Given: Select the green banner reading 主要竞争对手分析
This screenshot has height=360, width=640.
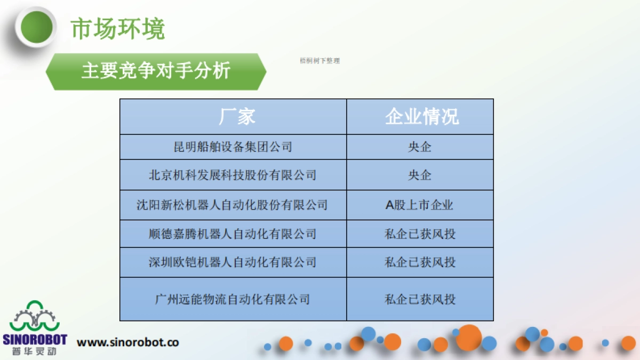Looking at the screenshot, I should pos(156,71).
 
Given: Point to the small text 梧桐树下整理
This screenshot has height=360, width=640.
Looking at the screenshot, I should pos(320,61).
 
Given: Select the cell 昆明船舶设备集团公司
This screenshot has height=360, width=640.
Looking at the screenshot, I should pos(233,147).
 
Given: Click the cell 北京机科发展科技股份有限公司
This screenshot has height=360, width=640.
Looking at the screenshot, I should pos(233,175).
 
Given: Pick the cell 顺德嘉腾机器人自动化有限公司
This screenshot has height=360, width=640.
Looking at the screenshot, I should pos(233,234).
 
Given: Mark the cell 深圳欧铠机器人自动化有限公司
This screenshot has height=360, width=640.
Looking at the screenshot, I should pos(233,262).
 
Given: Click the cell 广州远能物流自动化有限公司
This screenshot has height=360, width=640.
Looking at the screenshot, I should pos(233,299).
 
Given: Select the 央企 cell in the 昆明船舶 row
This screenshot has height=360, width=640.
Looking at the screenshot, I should pos(420,147).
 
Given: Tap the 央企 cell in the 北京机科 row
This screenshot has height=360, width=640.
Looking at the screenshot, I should pos(420,175).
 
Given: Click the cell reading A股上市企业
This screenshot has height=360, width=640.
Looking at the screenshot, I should pos(420,205).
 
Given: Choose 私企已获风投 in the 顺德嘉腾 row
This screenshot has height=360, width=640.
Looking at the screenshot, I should pos(420,234).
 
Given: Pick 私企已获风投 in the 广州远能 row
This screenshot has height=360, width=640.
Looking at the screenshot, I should pos(420,299).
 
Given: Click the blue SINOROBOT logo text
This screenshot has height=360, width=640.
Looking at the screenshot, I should pos(35,340).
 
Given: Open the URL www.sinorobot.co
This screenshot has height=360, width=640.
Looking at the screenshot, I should pos(128,342).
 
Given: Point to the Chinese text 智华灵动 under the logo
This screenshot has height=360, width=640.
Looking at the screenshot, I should pos(35,351).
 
